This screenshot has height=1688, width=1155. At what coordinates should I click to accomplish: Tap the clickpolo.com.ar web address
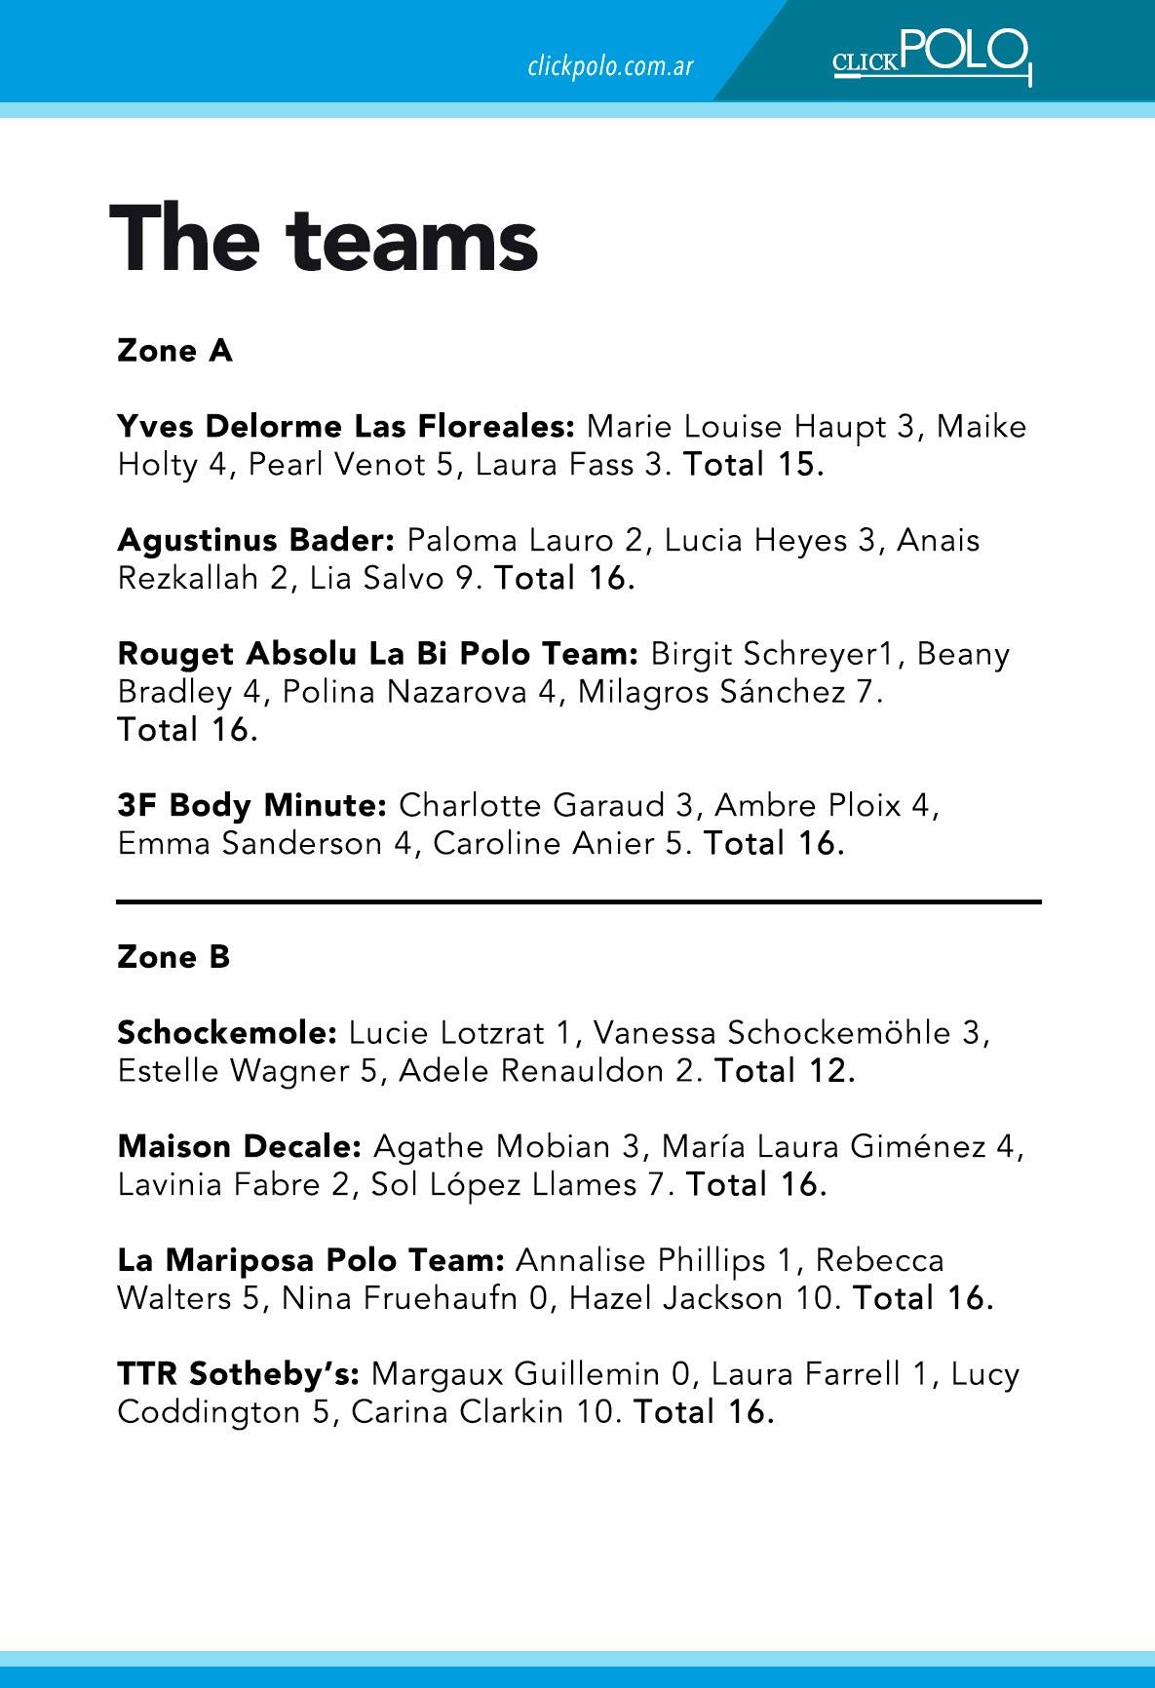610,66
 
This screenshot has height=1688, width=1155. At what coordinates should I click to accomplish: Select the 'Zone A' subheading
174,351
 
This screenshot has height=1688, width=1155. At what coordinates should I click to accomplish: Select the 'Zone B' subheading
173,957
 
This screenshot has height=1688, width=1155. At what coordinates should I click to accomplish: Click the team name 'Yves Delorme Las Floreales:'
347,427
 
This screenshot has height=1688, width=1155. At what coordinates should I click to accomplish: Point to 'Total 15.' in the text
753,465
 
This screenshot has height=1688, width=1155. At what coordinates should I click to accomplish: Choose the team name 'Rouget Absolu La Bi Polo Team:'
378,654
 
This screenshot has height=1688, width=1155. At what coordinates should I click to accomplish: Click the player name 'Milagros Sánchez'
712,692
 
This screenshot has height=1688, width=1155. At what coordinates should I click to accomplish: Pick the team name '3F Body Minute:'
252,806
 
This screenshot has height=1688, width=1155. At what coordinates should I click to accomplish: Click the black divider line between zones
579,902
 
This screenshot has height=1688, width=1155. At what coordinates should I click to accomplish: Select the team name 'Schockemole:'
227,1032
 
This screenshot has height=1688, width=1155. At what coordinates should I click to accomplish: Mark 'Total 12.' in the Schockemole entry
785,1071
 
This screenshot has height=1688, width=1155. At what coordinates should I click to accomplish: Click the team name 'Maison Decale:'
240,1146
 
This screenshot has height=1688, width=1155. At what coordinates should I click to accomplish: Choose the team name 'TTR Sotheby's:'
239,1374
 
